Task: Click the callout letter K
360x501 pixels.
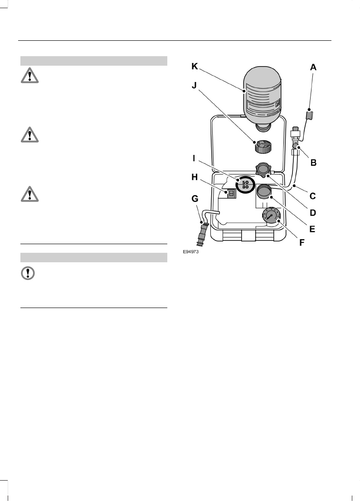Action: [x=195, y=66]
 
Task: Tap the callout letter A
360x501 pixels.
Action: [x=313, y=67]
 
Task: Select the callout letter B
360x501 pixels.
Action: [x=313, y=162]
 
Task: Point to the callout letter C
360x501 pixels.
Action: [x=312, y=196]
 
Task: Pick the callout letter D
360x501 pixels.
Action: [x=312, y=212]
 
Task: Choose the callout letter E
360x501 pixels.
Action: [x=312, y=229]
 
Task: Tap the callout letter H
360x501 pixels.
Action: [x=195, y=178]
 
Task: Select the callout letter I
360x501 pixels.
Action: [x=194, y=159]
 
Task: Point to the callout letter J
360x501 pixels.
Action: [x=194, y=86]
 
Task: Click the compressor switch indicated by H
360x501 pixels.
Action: [x=231, y=193]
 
